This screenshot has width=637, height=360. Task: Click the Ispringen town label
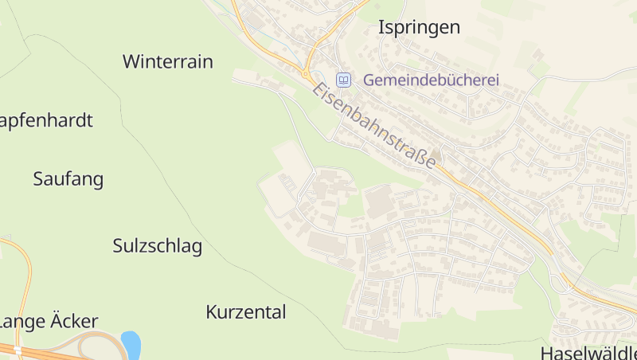click(x=419, y=27)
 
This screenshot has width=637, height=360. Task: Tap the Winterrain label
click(x=168, y=61)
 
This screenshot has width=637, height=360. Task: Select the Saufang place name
click(x=68, y=178)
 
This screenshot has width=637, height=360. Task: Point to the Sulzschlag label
click(x=158, y=245)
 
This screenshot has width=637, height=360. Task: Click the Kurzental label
click(x=245, y=311)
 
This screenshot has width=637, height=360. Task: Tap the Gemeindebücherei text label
click(x=431, y=80)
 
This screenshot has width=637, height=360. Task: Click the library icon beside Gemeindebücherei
click(x=344, y=80)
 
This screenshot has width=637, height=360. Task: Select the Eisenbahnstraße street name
click(x=374, y=124)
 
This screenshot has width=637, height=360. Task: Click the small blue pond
click(x=131, y=345)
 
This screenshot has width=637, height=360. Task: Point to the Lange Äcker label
click(x=49, y=321)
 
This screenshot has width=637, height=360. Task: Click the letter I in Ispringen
click(x=381, y=26)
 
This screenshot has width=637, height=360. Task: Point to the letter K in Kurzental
click(x=211, y=311)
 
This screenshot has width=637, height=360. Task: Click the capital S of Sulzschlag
click(x=118, y=245)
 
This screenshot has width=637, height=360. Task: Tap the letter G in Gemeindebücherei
click(x=369, y=80)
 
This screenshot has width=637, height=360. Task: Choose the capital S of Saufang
click(x=38, y=178)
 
